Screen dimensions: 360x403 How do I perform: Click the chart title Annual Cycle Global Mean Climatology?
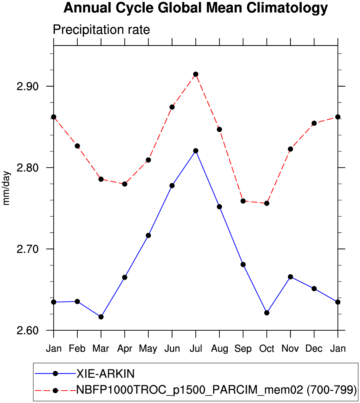pos(195,8)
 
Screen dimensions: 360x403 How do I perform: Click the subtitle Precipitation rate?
pos(101,30)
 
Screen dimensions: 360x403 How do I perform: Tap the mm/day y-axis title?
pos(6,188)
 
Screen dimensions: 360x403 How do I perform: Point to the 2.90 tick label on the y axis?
pos(27,87)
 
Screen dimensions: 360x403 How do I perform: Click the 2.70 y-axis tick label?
pos(27,249)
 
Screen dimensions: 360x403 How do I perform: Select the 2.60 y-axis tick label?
pos(27,330)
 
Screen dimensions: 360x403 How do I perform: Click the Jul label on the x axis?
pos(196,348)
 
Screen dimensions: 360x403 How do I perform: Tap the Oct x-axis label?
pos(266,348)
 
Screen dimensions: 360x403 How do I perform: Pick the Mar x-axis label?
pos(101,348)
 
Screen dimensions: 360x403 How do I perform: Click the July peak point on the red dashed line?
pos(196,74)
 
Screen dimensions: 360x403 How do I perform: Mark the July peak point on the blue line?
pos(196,151)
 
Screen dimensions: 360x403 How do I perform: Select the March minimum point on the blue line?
pos(101,317)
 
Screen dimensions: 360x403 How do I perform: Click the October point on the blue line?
pos(267,313)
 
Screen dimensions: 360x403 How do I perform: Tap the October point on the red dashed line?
pos(267,203)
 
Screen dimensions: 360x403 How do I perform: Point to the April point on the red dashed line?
pos(125,184)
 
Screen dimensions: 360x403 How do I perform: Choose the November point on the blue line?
pos(291,277)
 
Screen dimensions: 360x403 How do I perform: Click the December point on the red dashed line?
pos(314,123)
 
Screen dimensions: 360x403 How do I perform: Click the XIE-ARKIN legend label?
pos(106,374)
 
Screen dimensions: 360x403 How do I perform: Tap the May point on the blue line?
pos(148,235)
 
